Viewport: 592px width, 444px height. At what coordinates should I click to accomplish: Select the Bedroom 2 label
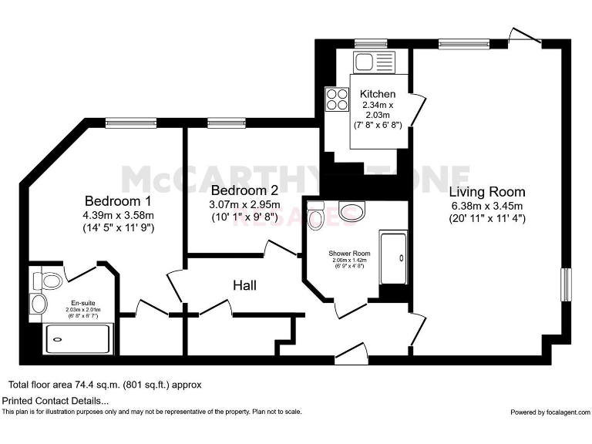(x=244, y=190)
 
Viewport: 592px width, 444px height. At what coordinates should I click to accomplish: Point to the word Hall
(x=244, y=285)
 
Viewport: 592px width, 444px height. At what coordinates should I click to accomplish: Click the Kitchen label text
(x=378, y=94)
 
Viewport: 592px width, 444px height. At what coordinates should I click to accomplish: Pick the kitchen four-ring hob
(x=338, y=99)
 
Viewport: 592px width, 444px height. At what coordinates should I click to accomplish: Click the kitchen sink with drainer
(x=374, y=61)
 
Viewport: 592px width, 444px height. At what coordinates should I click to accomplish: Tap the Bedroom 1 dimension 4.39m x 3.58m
(x=119, y=214)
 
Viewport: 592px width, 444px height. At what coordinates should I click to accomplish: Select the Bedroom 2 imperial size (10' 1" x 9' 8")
(x=244, y=217)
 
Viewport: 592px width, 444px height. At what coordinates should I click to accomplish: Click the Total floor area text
(x=106, y=384)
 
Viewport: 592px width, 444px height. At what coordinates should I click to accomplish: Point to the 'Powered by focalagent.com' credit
(x=549, y=412)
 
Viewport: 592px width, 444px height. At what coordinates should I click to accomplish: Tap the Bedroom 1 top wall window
(x=126, y=122)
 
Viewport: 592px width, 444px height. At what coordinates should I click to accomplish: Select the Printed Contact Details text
(x=55, y=401)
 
